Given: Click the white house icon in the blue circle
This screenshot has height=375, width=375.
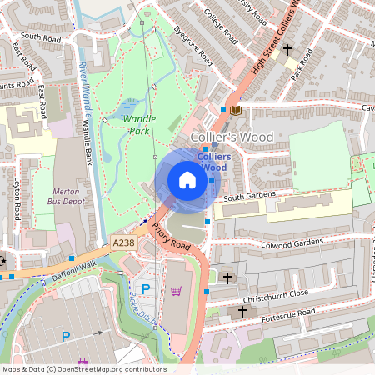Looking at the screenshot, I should click(187, 180).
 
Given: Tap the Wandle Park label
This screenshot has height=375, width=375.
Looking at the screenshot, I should click(139, 125).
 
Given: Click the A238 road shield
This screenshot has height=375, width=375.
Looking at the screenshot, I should click(122, 242).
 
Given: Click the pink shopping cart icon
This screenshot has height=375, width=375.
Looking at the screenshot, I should click(176, 291).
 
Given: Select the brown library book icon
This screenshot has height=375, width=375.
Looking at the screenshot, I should click(237, 109).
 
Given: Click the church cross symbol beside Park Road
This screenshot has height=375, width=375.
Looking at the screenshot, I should click(287, 50).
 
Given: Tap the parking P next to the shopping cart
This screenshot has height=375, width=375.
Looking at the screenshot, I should click(146, 288).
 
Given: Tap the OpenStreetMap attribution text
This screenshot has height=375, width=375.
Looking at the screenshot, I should click(84, 369).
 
